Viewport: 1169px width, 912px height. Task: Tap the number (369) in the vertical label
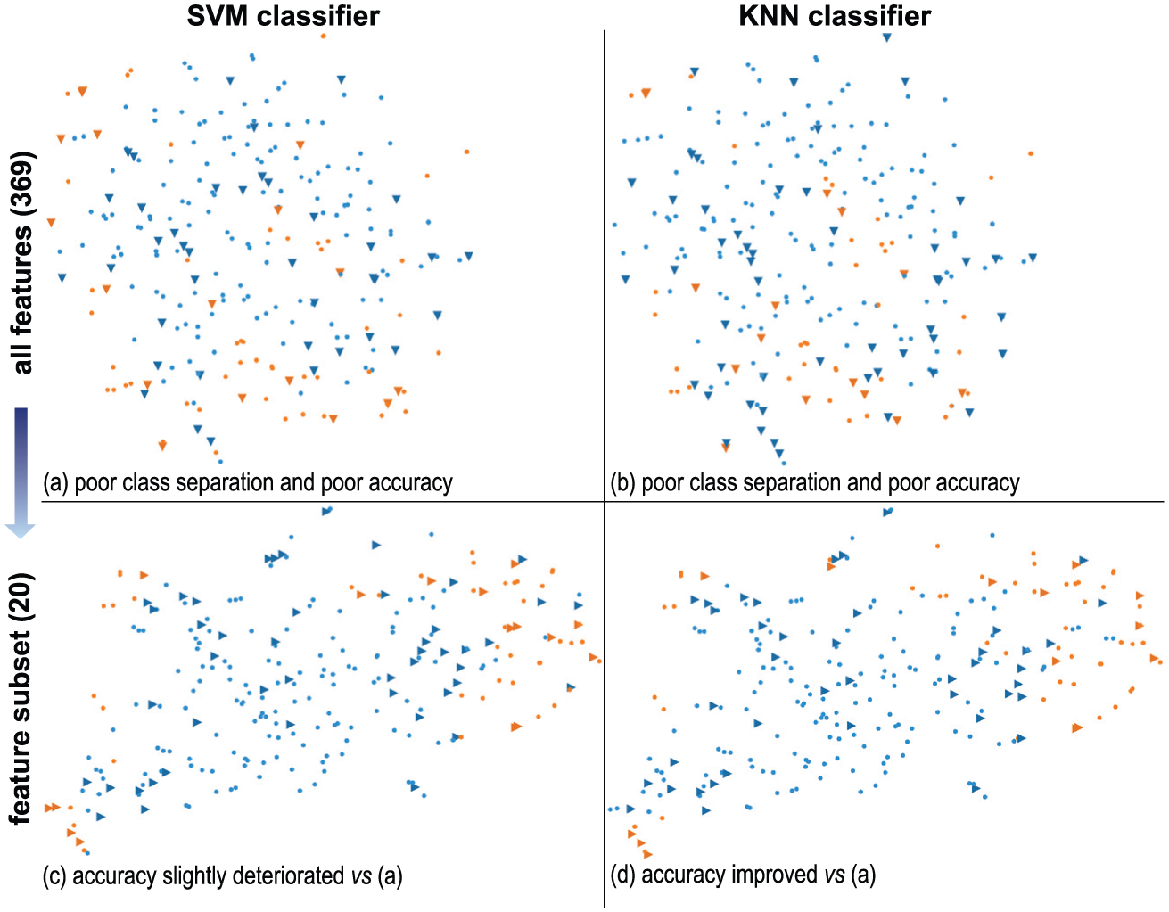pyautogui.click(x=22, y=184)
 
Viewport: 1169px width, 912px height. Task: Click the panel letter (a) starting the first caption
pyautogui.click(x=55, y=482)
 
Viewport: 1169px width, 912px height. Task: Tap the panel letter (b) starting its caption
pyautogui.click(x=622, y=482)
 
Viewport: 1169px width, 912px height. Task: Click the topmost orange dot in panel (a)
pyautogui.click(x=324, y=36)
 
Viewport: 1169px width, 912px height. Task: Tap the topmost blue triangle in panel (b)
pyautogui.click(x=886, y=37)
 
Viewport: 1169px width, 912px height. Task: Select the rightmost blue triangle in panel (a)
pyautogui.click(x=469, y=256)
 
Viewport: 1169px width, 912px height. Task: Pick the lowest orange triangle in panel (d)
pyautogui.click(x=647, y=854)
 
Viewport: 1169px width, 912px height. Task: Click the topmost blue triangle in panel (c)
pyautogui.click(x=326, y=512)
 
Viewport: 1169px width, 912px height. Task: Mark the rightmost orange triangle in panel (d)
pyautogui.click(x=1154, y=658)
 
